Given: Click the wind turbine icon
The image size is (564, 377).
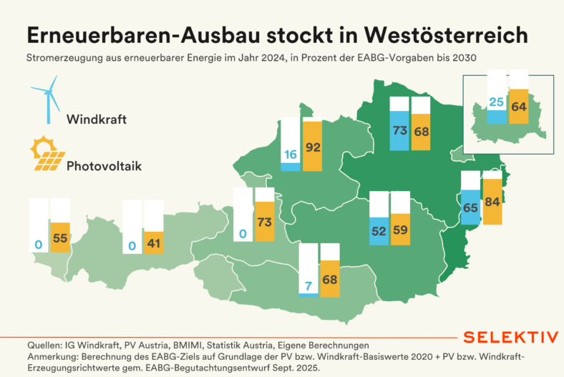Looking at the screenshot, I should pos(47,97).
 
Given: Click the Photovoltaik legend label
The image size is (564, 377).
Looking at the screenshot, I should pos(104,166).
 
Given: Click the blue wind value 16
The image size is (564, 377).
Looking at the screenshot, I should pos(290,154).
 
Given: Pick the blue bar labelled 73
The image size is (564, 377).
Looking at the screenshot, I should pos(399,130).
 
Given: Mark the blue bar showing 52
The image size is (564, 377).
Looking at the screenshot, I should pos(379,230).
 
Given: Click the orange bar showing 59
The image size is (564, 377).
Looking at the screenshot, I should pos(400,229).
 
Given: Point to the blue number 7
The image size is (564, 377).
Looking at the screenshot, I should pos(308,286).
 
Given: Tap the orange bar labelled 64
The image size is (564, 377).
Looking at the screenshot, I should pos(518,107).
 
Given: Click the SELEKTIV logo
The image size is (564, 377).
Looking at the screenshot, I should pos(510,337).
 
